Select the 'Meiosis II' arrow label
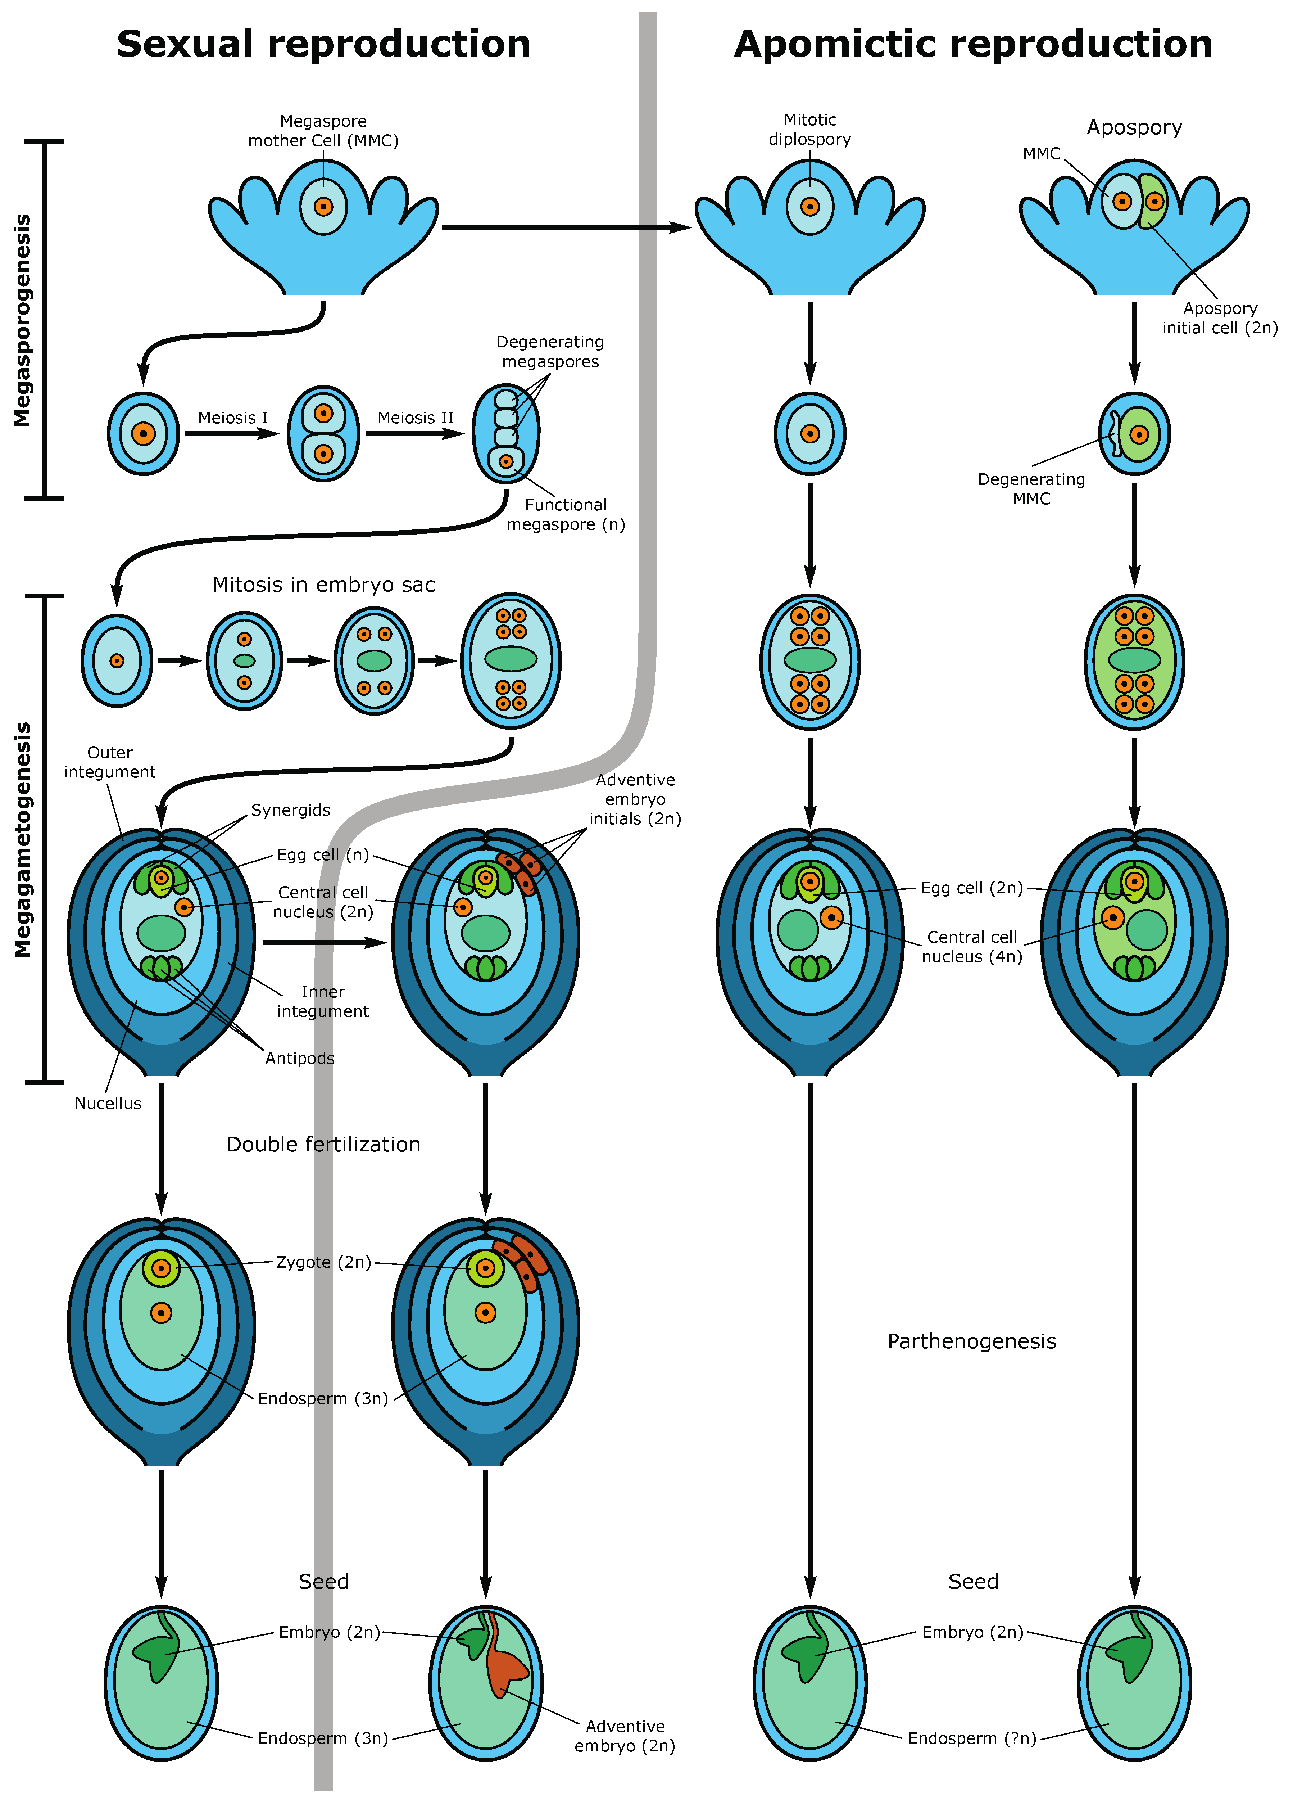pyautogui.click(x=415, y=418)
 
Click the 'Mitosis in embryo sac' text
pyautogui.click(x=324, y=585)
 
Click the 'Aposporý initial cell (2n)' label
pyautogui.click(x=1220, y=318)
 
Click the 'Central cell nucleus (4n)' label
pyautogui.click(x=972, y=947)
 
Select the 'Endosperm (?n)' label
pyautogui.click(x=972, y=1738)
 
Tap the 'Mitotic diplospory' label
pyautogui.click(x=809, y=130)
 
